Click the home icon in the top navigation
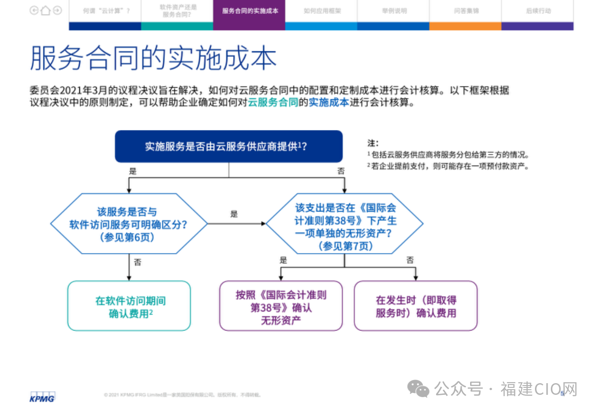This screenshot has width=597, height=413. (45, 10)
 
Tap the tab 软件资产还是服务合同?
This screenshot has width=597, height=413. (178, 11)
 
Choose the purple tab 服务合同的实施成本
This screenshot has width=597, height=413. (250, 11)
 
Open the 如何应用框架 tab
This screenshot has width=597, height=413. (322, 11)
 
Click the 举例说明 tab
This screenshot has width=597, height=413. (394, 11)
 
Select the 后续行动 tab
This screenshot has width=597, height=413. (538, 11)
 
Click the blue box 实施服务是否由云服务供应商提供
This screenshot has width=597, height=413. (229, 146)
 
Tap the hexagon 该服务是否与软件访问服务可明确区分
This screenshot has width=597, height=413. (129, 224)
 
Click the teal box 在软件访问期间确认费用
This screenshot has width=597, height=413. (129, 306)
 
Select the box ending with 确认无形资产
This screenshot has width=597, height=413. (281, 306)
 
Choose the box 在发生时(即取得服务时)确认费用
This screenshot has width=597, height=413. (416, 306)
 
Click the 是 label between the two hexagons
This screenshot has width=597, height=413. (234, 214)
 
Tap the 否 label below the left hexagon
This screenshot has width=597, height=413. (138, 262)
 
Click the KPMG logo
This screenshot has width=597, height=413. (42, 397)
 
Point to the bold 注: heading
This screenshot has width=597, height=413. (373, 143)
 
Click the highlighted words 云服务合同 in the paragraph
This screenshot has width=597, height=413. (273, 103)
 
